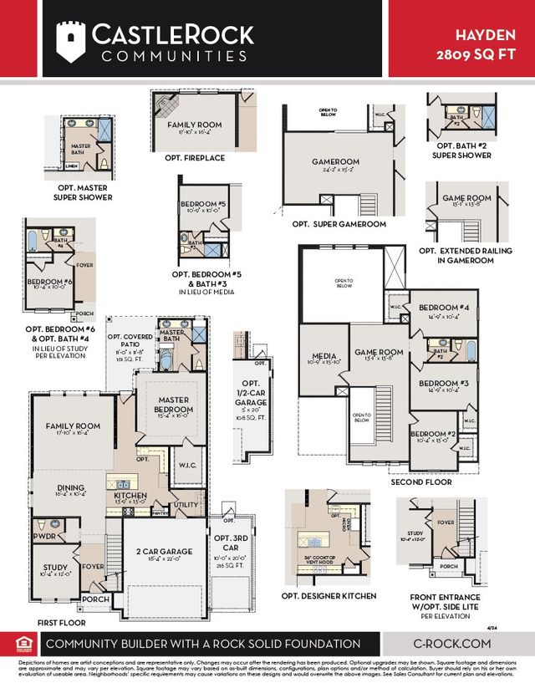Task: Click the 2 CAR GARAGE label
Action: tap(164, 552)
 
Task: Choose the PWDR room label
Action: tap(43, 536)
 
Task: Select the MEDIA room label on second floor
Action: tap(323, 355)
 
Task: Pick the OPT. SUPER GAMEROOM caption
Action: tap(339, 225)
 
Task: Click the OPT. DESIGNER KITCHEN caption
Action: tap(329, 596)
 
